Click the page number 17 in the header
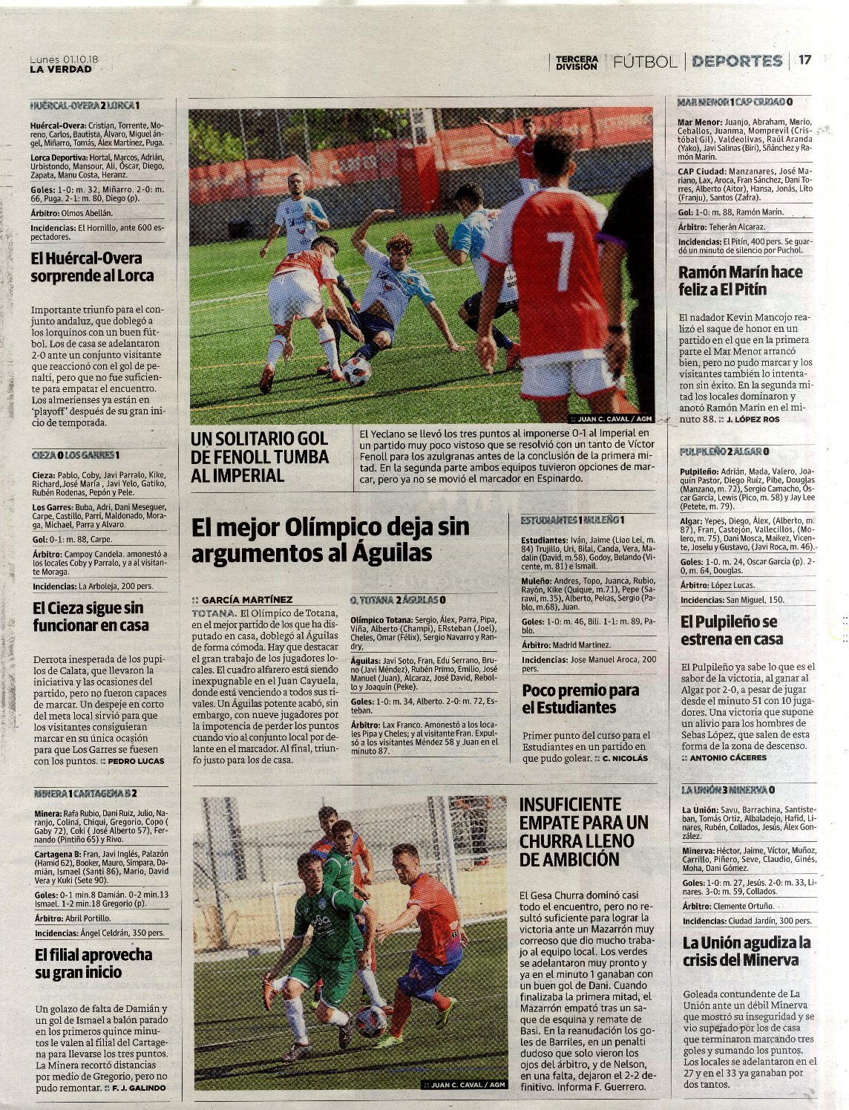tap(805, 61)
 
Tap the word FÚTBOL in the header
tap(645, 62)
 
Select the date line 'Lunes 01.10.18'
tap(65, 59)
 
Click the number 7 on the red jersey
tap(561, 252)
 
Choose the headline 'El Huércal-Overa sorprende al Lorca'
tap(92, 267)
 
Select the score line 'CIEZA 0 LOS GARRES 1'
tap(76, 454)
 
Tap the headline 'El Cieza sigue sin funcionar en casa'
tap(91, 616)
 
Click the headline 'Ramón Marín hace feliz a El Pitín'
tap(740, 281)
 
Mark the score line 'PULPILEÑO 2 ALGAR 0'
tap(724, 451)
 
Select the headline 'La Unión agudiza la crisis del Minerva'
tap(746, 951)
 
